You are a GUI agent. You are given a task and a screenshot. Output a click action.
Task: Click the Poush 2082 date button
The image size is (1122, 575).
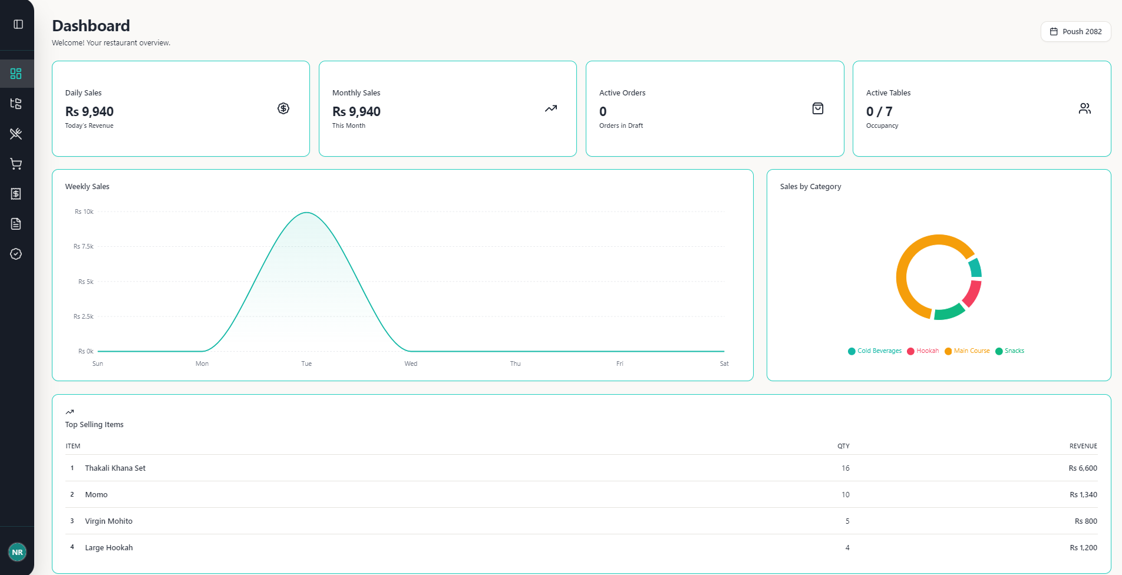coord(1075,32)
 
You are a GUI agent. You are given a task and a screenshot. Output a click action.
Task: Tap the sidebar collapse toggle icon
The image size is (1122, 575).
coord(18,24)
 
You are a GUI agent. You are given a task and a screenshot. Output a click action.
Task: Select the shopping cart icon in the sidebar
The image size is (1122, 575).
coord(16,164)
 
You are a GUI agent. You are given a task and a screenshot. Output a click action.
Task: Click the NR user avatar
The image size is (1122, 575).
coord(17,552)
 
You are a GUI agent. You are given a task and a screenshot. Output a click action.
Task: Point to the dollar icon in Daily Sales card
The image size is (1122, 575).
coord(283,108)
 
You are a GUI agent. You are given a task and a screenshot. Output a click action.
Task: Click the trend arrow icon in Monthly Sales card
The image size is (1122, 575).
coord(550,108)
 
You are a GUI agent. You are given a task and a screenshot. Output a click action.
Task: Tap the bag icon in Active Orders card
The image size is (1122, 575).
coord(817,108)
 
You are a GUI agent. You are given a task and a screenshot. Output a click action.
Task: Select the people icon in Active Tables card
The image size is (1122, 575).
coord(1084,108)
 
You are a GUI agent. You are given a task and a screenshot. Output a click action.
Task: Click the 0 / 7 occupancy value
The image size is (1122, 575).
coord(879,111)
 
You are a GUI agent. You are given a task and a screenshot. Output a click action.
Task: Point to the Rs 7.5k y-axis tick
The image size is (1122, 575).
coord(83,246)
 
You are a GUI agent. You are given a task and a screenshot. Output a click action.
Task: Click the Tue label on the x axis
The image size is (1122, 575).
coord(306,363)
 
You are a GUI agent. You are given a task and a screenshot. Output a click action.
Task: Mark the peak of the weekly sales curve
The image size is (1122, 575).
coord(306,213)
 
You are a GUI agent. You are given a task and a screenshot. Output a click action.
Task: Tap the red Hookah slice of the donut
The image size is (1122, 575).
coord(973,293)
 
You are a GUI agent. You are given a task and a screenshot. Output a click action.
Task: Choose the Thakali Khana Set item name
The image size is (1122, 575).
coord(115,468)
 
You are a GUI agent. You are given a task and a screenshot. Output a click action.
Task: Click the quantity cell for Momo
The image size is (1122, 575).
coord(845,495)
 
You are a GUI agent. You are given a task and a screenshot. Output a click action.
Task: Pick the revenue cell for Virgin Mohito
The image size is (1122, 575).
coord(1085,521)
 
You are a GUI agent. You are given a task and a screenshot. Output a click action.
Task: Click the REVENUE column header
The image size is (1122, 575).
coord(1083,446)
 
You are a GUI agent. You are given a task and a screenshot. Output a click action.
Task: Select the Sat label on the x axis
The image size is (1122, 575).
coord(724,363)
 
